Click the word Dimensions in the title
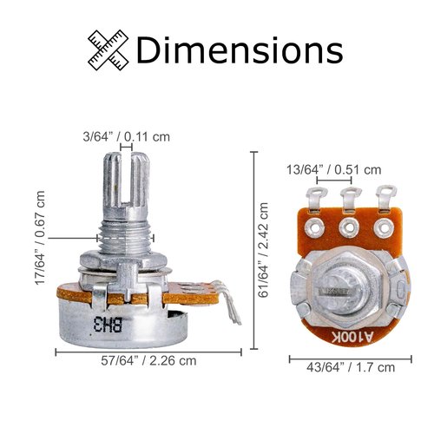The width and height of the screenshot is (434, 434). point(240,49)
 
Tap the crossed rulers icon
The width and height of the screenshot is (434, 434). point(108,49)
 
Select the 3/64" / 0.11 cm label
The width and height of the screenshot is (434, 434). point(127,136)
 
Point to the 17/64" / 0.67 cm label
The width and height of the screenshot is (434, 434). point(40,238)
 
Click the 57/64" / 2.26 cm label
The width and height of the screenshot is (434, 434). point(148,361)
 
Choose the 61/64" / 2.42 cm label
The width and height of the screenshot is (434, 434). point(263,250)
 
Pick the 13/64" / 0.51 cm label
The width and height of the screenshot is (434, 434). point(334,169)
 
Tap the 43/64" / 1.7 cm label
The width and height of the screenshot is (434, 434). point(351,367)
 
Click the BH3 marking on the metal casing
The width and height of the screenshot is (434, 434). point(108,324)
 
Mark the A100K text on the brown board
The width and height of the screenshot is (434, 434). point(352,337)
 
